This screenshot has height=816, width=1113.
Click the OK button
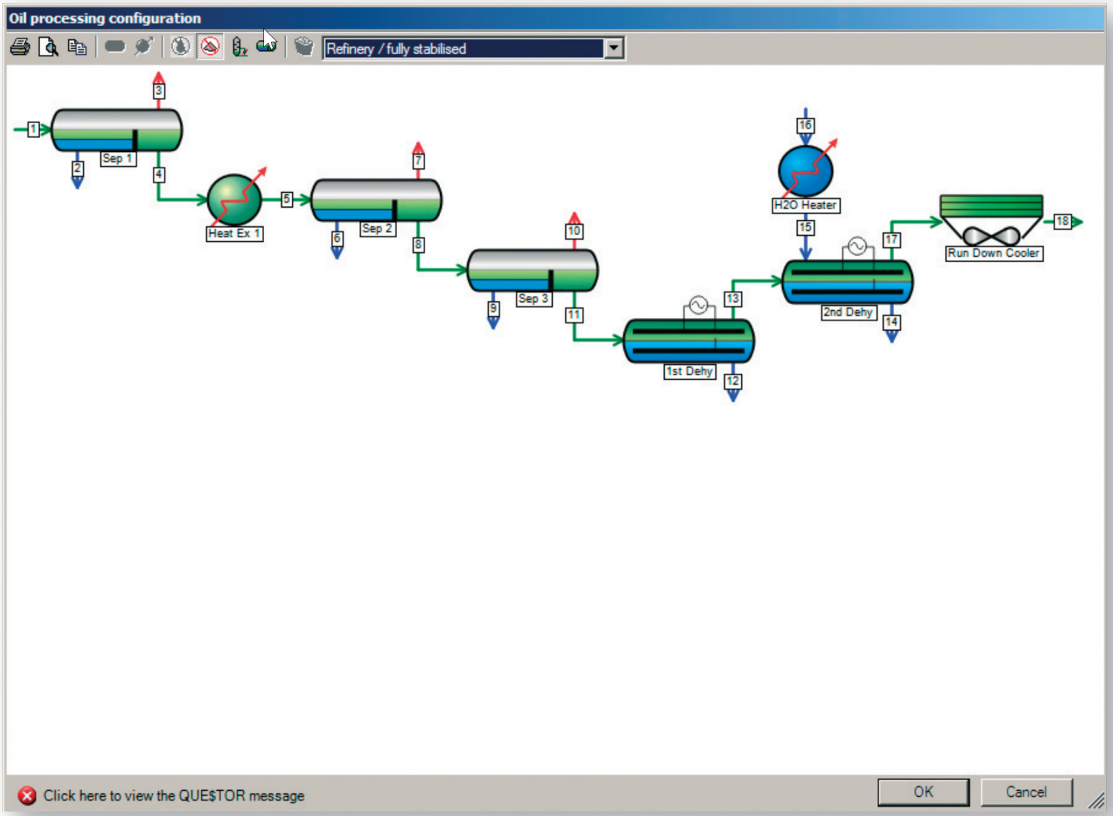923,792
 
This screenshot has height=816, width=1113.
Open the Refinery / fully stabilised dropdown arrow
614,49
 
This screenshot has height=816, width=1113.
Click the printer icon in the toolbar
21,47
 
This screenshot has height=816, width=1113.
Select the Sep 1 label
118,159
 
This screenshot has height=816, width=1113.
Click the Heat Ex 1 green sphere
234,199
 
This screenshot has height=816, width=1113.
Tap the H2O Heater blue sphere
805,170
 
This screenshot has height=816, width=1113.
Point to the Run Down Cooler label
994,253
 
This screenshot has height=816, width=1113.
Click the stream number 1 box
33,129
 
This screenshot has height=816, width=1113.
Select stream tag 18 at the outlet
1063,221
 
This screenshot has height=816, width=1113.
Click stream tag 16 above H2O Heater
805,125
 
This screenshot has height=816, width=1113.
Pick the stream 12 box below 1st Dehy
733,381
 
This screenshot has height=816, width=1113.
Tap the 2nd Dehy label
848,312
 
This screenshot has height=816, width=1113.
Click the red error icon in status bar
27,796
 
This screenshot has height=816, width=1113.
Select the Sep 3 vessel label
533,299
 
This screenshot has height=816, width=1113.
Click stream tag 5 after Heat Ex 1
286,199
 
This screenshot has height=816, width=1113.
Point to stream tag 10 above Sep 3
574,231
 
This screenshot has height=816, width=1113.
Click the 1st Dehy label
689,371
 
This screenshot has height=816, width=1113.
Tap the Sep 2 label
378,228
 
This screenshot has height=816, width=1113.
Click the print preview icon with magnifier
49,47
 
